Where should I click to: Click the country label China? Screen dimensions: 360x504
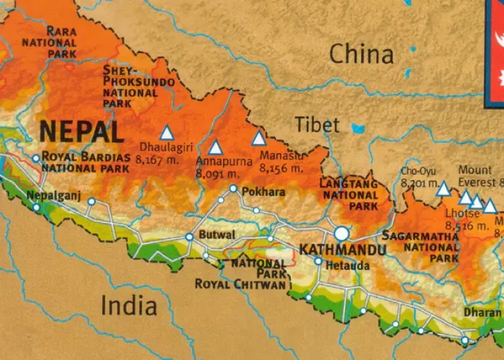pos(361,54)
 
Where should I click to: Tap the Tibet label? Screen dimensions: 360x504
pos(317,124)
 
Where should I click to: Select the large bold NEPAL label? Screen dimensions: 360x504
pos(81,132)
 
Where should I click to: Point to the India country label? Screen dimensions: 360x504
pos(129,306)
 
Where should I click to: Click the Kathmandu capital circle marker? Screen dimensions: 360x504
pos(341,234)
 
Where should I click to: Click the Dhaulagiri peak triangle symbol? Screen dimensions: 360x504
pos(166,133)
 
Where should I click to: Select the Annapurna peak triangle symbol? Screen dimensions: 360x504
pos(215,148)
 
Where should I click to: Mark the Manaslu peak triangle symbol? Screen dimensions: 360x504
pos(259,139)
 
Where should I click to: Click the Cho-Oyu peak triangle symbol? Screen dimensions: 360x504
pos(443,189)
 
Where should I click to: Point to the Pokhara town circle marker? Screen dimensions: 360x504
pos(233,189)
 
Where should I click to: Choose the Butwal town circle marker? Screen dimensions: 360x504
pos(190,236)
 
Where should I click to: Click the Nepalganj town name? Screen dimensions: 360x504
pos(54,195)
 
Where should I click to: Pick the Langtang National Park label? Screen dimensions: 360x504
pos(349,195)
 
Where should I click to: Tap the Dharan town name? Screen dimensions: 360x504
pos(482,312)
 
